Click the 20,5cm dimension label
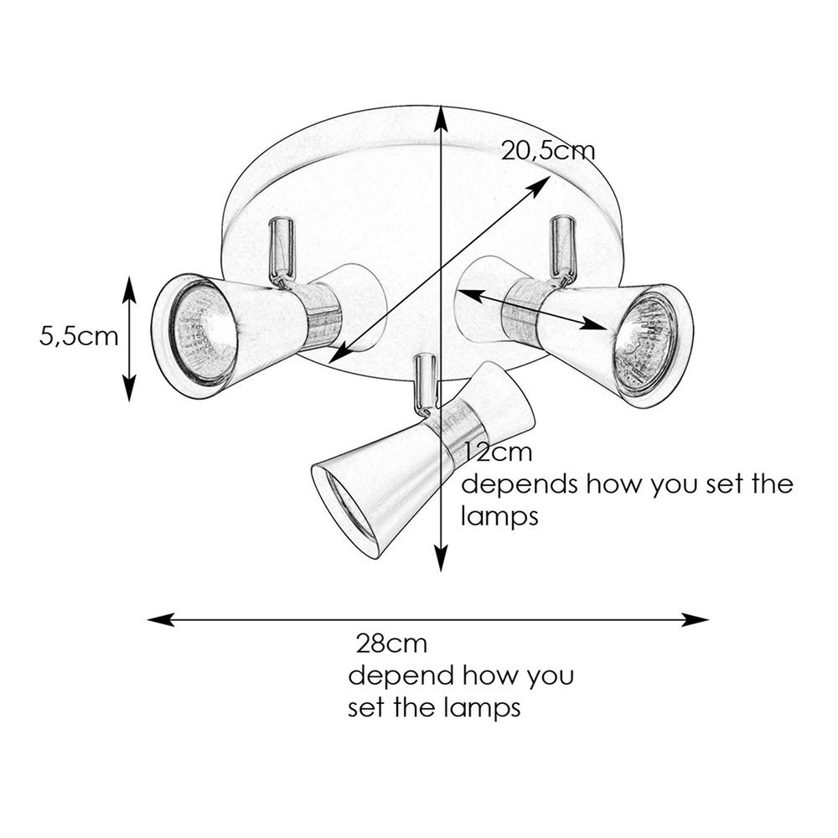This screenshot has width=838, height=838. [x=548, y=152]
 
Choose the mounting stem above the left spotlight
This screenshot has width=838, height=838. [x=282, y=247]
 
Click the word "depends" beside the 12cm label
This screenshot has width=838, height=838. [x=517, y=485]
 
